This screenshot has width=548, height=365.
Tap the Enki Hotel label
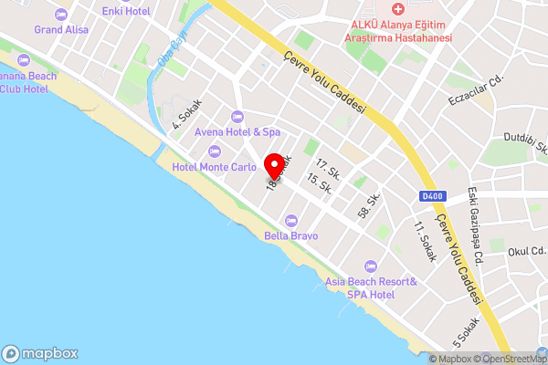126,10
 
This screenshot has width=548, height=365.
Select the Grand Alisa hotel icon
61,15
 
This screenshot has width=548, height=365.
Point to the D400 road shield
432,196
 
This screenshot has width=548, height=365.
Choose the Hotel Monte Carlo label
215,166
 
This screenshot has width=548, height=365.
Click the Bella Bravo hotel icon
291,220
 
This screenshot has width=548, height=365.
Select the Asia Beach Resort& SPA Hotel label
371,287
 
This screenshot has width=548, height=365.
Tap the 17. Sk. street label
328,168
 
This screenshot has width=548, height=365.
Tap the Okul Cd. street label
526,250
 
